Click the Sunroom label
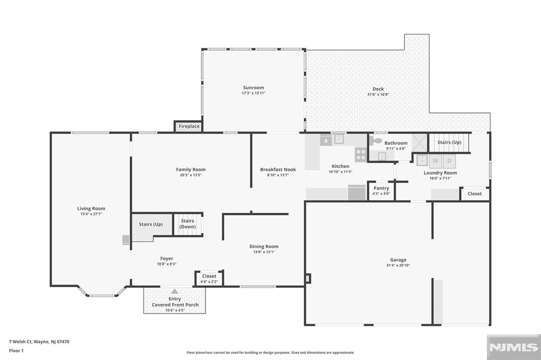coord(254,88)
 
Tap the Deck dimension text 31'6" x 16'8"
coord(378,94)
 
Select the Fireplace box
coord(189,126)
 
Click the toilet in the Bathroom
coord(376,140)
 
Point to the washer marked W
coord(435,160)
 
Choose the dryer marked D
coord(449,160)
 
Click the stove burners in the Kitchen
coord(361,154)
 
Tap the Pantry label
coord(381,188)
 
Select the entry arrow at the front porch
coord(175,291)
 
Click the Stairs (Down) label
coord(188,224)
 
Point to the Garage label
coord(398,260)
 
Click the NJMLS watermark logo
coord(514,347)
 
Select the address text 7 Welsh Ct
coord(21,342)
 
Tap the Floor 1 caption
coord(16,350)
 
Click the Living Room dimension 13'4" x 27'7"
coord(91,214)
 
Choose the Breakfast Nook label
coord(278,169)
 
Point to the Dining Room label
coord(264,246)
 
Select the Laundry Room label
coord(440,173)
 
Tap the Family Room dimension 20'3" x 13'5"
coord(190,175)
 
